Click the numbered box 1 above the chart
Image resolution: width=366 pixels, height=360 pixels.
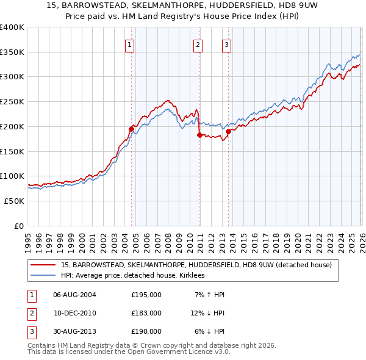[131, 44]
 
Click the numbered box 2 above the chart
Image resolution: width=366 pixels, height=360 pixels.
[198, 44]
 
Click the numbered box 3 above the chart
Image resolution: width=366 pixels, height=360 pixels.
[226, 44]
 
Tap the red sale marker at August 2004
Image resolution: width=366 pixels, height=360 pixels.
[131, 129]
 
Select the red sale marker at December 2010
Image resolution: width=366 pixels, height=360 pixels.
[199, 135]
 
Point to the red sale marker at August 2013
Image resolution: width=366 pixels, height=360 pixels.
[228, 131]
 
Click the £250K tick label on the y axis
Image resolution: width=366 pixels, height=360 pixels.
[12, 101]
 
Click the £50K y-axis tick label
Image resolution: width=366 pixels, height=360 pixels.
[14, 201]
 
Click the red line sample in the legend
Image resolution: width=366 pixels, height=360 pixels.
[45, 265]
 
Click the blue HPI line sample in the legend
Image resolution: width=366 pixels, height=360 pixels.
[45, 276]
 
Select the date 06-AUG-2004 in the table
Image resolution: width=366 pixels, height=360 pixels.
[74, 295]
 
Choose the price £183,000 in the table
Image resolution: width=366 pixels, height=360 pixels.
[146, 313]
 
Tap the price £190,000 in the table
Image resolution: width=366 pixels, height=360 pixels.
[146, 331]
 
